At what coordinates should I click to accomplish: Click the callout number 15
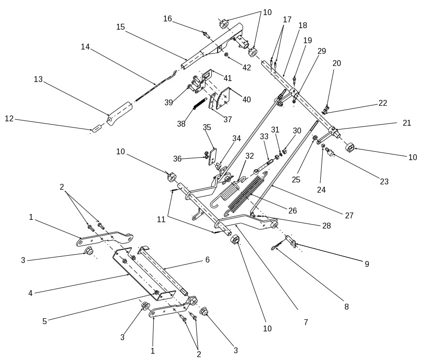(121, 27)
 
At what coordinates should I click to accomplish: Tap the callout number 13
(38, 79)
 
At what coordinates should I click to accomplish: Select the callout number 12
(9, 118)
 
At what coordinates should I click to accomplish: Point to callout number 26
(292, 211)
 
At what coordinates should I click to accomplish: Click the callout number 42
(247, 67)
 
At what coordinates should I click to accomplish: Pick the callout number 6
(207, 260)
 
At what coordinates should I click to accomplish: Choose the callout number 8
(346, 307)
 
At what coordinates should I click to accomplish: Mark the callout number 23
(384, 182)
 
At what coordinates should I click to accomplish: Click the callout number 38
(181, 124)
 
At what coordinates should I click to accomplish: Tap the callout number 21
(406, 123)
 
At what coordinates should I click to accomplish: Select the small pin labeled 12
(96, 129)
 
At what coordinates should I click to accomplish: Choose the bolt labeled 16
(205, 34)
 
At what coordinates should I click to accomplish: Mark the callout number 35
(207, 128)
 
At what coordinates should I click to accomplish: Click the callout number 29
(322, 50)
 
